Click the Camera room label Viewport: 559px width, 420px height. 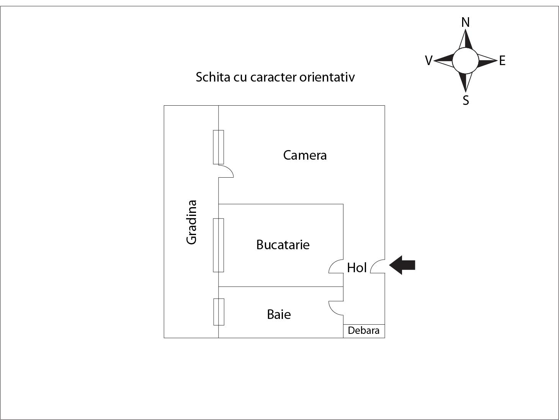click(305, 155)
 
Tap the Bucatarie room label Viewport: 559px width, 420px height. click(283, 245)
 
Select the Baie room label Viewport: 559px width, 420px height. click(279, 314)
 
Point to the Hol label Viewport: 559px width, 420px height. click(357, 268)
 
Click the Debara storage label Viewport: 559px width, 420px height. click(364, 330)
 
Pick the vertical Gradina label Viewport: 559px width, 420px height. click(191, 222)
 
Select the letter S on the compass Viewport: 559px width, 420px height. click(466, 100)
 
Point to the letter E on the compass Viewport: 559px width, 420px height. click(502, 61)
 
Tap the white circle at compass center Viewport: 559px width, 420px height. click(465, 60)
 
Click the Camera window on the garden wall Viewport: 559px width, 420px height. click(218, 147)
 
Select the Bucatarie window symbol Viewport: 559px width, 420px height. click(218, 245)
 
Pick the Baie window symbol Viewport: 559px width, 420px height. click(218, 312)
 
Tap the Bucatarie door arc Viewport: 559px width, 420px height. click(335, 266)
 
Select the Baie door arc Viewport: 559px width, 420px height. click(336, 308)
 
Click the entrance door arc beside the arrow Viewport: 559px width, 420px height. click(378, 266)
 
